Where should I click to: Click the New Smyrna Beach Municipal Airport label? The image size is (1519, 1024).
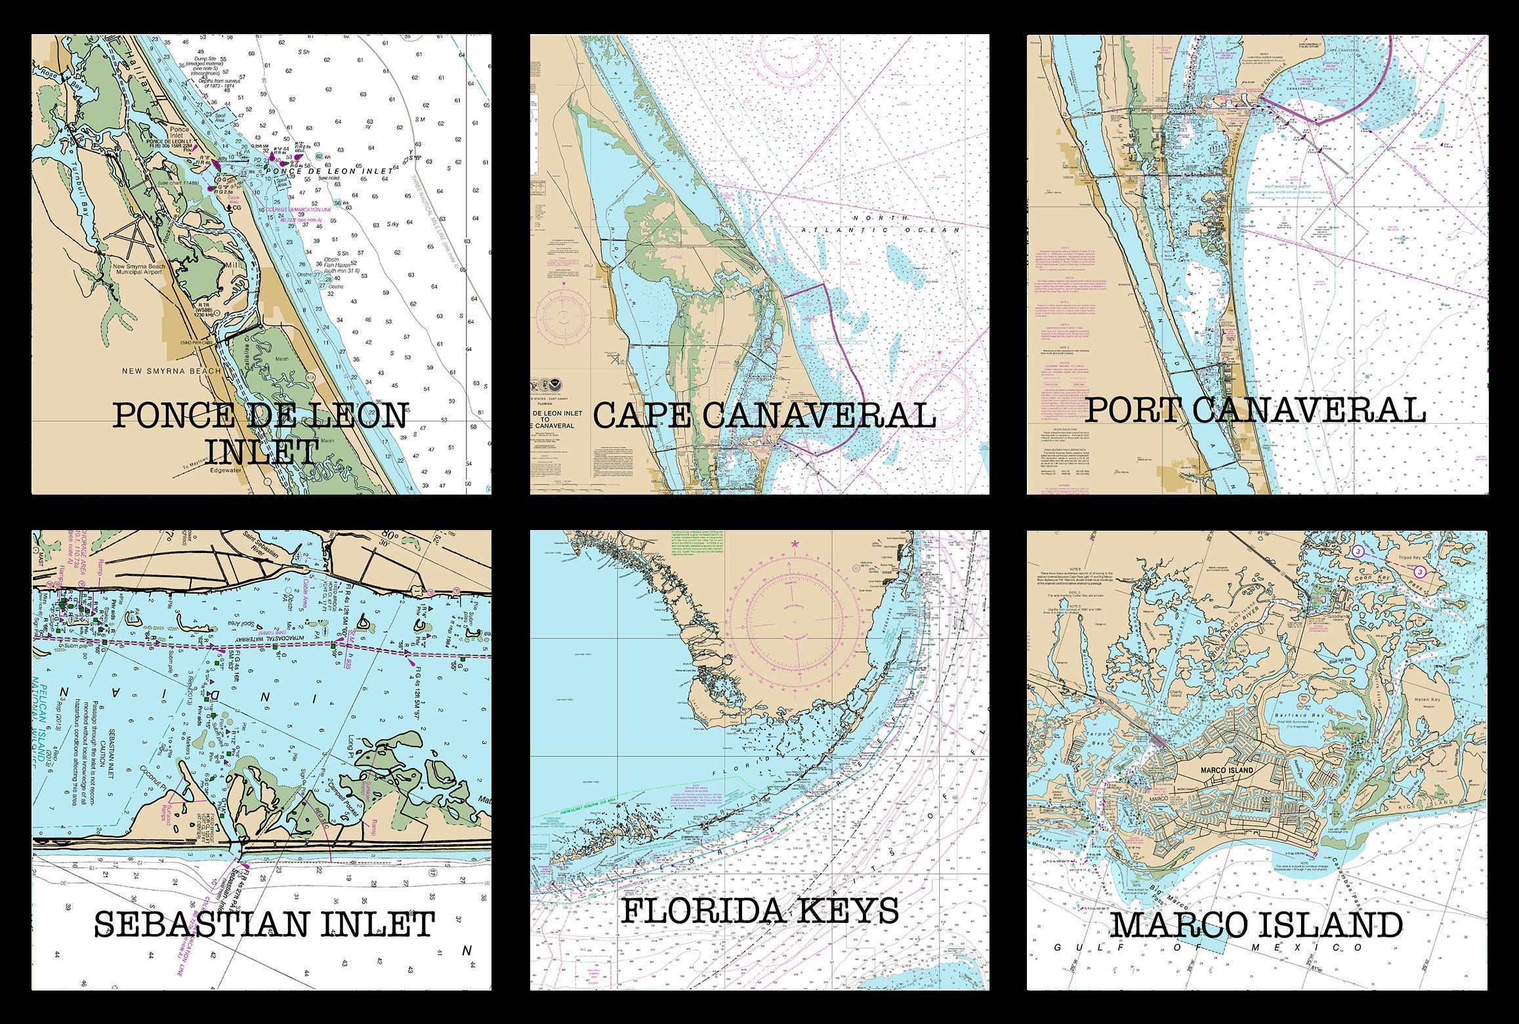coord(139,270)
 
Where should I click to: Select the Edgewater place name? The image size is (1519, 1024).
coord(222,470)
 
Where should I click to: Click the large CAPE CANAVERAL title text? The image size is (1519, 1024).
coord(764,416)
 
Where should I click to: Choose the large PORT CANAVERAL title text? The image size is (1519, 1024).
coord(1255,411)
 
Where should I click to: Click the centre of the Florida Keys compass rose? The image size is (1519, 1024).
coord(795,622)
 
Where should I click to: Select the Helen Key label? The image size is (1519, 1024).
coord(1421,699)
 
